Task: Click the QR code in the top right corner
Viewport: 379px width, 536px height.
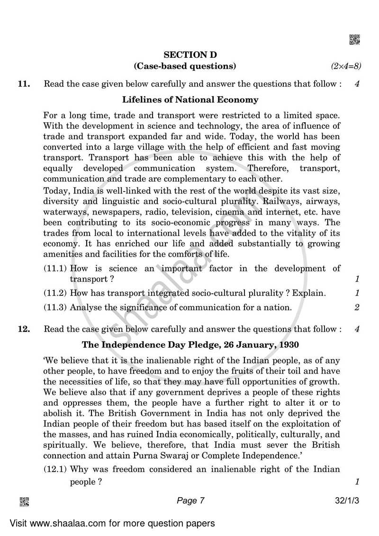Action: tap(354, 40)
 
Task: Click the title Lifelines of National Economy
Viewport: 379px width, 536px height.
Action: tap(190, 100)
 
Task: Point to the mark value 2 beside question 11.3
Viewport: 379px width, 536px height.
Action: tap(357, 308)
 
